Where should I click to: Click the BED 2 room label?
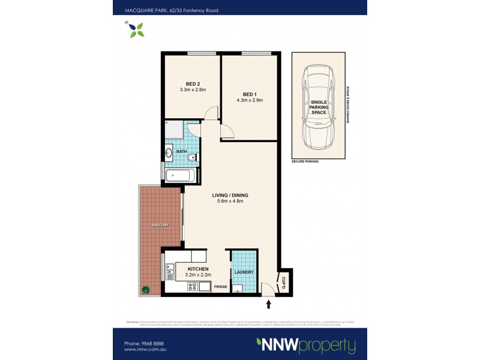(193, 83)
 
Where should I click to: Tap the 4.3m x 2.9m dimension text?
(250, 100)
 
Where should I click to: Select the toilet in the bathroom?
(191, 158)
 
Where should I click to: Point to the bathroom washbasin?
(169, 154)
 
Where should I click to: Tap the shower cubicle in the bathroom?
(174, 130)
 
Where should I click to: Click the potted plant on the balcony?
(145, 289)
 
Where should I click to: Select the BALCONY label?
(160, 224)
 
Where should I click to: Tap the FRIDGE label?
(220, 287)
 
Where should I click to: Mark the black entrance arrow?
(269, 305)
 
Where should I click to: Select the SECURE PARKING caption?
(305, 162)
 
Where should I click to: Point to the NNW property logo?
(306, 346)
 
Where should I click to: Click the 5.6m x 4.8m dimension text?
(230, 202)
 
